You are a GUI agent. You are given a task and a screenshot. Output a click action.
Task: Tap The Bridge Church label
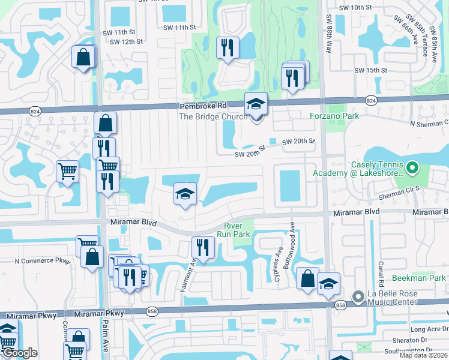click(x=213, y=116)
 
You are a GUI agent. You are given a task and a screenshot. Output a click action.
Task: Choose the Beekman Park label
click(x=418, y=278)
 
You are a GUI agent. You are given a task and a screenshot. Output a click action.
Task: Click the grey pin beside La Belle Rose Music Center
click(x=358, y=297)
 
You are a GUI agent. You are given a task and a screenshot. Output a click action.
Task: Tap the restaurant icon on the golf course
click(x=228, y=48)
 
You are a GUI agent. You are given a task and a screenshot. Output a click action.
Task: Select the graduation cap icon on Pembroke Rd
click(x=256, y=104)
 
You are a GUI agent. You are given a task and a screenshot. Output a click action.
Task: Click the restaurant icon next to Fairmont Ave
click(x=203, y=247)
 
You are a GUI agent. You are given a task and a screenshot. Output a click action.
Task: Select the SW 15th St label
click(x=371, y=70)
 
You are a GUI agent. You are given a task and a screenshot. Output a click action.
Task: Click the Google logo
click(x=20, y=353)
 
